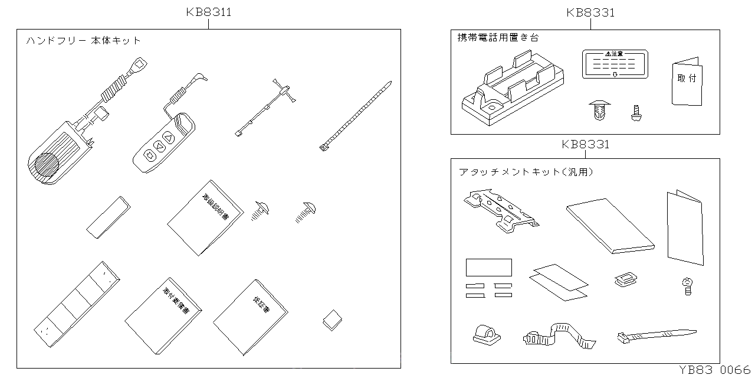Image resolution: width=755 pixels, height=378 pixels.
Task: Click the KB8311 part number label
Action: [x=208, y=12]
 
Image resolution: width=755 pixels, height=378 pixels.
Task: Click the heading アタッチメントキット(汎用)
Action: [x=526, y=172]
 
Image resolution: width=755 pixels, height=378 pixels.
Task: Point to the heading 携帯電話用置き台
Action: [x=498, y=37]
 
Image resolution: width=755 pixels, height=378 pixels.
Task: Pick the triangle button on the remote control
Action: [x=168, y=139]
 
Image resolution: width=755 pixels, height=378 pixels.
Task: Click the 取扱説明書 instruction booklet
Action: [x=205, y=218]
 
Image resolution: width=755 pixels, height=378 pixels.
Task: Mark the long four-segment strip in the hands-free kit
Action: [x=77, y=305]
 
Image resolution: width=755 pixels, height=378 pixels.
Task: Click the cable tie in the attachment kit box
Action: [x=655, y=336]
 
